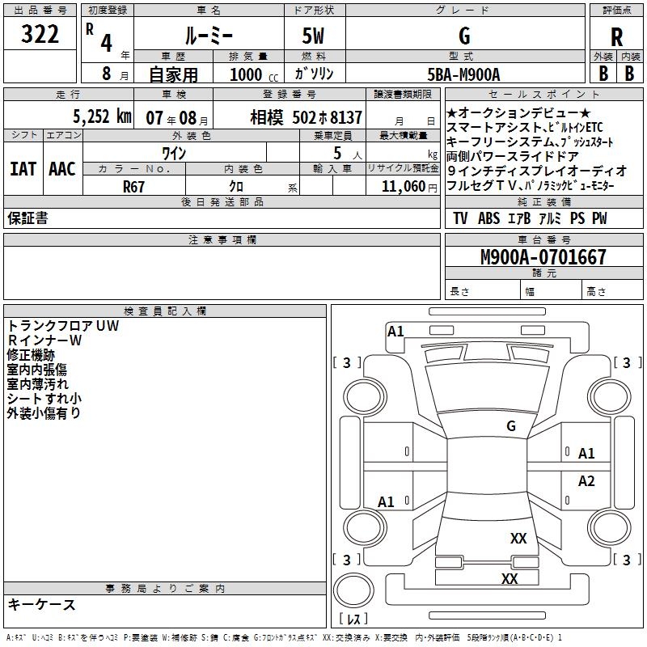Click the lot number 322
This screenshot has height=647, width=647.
[x=40, y=36]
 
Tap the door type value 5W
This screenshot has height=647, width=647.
[x=314, y=36]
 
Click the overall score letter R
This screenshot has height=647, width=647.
[x=616, y=37]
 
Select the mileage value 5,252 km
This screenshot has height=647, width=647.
[x=101, y=116]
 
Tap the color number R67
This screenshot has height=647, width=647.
[x=134, y=185]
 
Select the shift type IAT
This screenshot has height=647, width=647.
[x=22, y=169]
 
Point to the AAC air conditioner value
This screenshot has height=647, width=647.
[x=62, y=169]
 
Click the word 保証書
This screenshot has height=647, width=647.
[x=27, y=218]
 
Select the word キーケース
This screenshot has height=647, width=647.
[x=41, y=604]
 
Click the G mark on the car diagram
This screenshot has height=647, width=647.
[x=510, y=425]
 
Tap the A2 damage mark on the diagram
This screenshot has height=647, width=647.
[x=586, y=481]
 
